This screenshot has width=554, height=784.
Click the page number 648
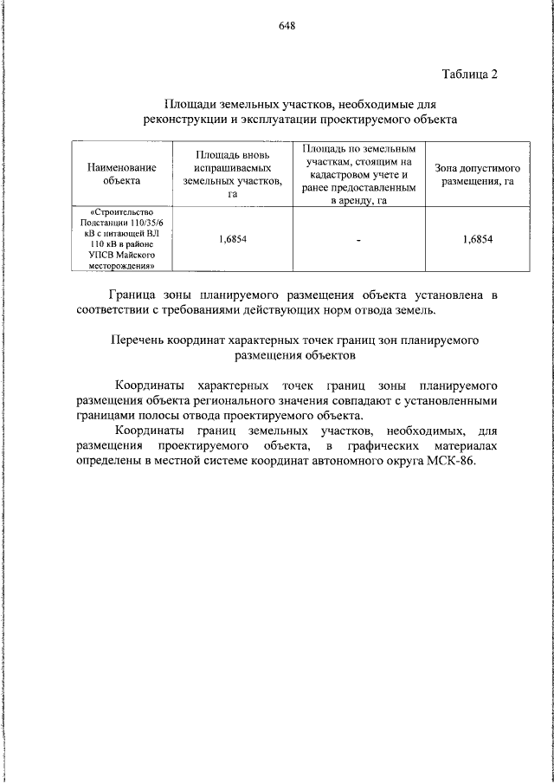click(x=287, y=25)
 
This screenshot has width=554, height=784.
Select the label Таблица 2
click(x=469, y=73)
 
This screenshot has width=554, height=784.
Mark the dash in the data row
click(x=358, y=240)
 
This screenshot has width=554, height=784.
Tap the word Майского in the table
click(x=135, y=256)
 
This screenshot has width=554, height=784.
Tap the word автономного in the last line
click(x=356, y=460)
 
